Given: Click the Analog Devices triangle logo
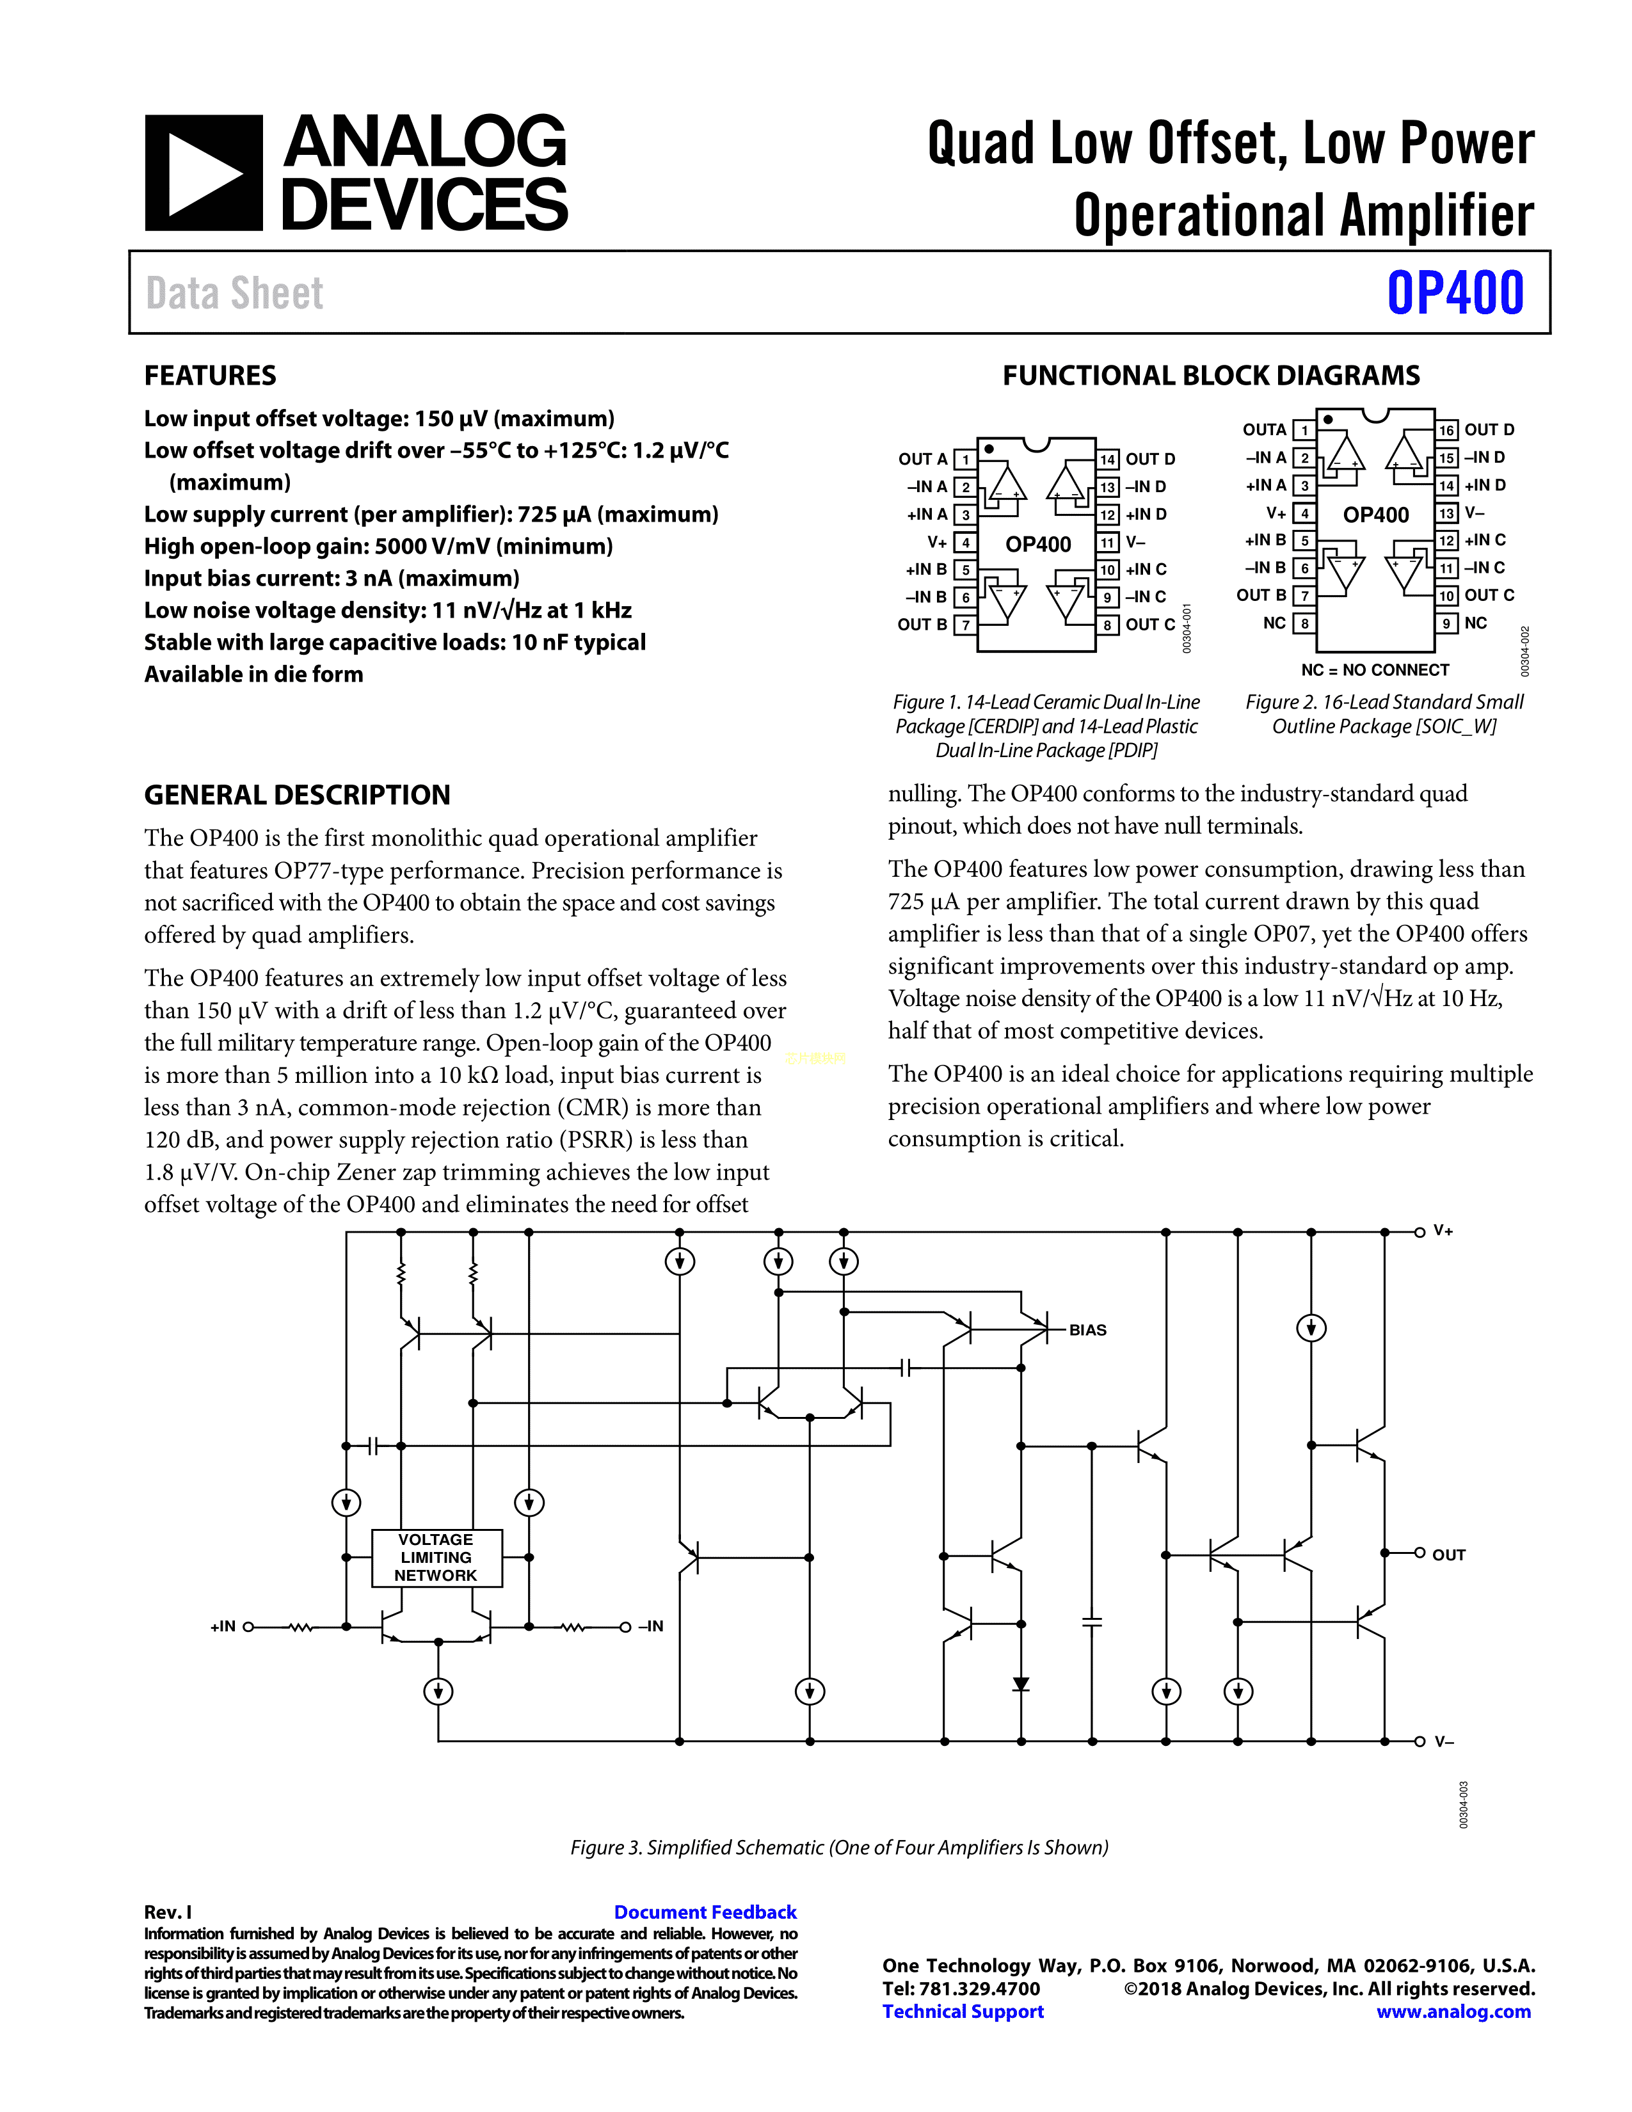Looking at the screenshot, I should (203, 173).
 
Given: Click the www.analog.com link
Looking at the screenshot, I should (1453, 2012).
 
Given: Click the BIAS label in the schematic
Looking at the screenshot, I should (1087, 1330).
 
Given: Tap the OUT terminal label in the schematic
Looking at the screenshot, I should (1448, 1555).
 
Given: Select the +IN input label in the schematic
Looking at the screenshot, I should (222, 1626).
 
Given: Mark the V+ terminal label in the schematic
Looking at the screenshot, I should (1443, 1231).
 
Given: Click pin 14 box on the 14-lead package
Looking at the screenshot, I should (1107, 460).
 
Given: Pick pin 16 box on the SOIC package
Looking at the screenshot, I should (1446, 430).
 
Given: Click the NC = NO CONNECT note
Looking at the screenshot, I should (1375, 670).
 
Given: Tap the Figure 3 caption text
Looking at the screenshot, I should (838, 1847).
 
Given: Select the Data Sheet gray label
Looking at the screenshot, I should (235, 293).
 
